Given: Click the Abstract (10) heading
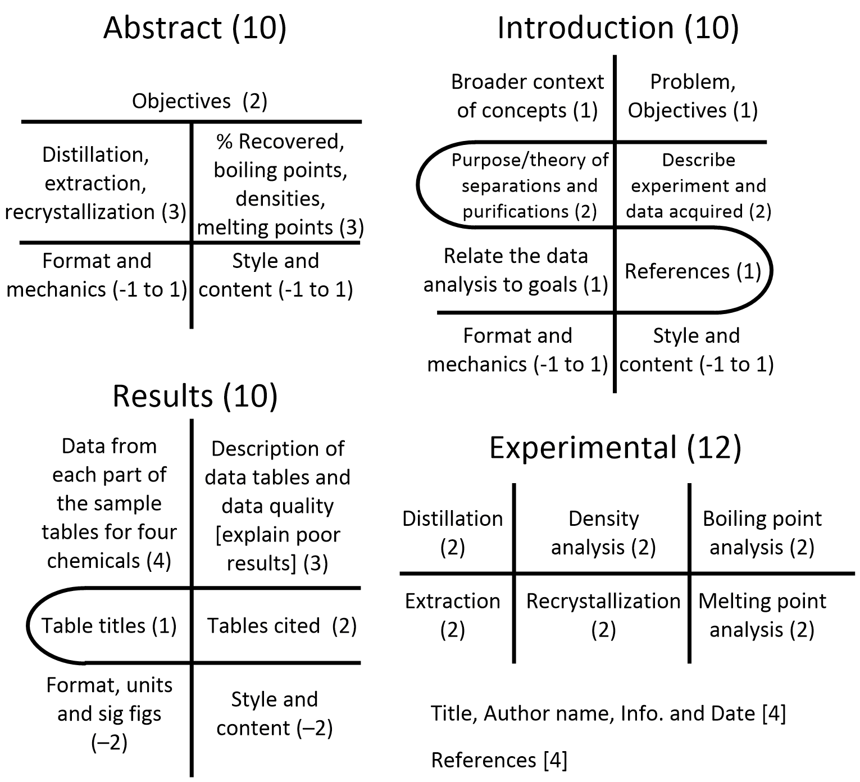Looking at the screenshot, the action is coord(194,28).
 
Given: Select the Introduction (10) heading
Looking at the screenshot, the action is coord(618,28).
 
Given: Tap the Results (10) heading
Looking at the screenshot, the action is coord(195,396).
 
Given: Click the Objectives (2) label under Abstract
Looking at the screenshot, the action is coord(199,101).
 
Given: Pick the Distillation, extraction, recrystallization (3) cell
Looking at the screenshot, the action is coord(95,183).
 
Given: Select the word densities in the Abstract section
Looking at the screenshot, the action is coord(280,199).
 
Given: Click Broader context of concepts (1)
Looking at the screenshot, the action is coord(527,96).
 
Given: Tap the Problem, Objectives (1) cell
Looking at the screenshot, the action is coord(693,96).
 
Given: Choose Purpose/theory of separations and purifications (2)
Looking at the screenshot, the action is coord(530,186).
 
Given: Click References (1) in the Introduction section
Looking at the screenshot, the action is coord(693,271).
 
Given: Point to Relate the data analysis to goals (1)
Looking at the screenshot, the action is coord(516,270).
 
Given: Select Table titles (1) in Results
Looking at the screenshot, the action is coord(109,626).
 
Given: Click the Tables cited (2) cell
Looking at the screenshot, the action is coord(282,626).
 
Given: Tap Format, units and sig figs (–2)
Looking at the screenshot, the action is coord(110,713).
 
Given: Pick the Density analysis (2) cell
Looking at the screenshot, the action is coord(604,533).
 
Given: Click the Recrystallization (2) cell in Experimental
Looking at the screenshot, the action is coord(603,616).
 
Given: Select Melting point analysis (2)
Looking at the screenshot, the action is coord(762,616).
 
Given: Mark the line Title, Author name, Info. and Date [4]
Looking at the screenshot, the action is coord(608,713).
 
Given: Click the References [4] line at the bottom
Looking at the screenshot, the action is coord(499,760).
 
